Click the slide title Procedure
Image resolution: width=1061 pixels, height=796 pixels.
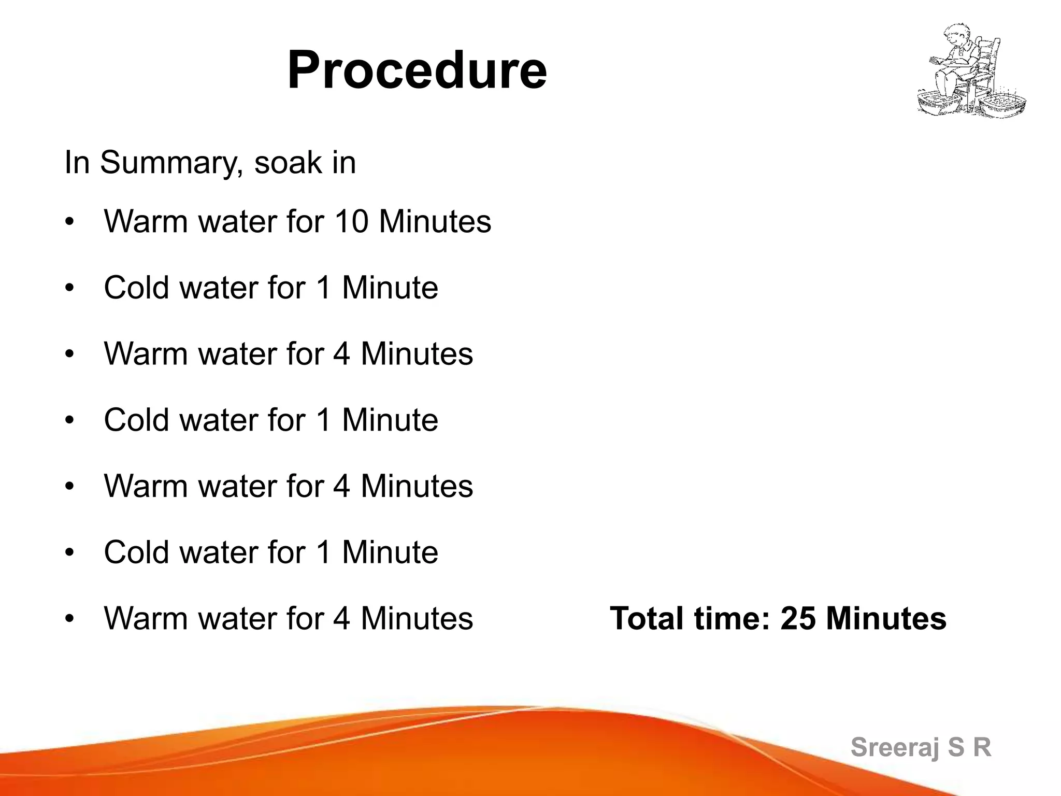coord(417,70)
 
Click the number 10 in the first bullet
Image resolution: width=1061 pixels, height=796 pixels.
coord(351,222)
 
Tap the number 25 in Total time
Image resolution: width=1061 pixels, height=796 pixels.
coord(798,618)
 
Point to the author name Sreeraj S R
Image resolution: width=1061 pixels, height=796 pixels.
coord(921,747)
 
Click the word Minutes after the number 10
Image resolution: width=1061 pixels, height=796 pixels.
coord(435,222)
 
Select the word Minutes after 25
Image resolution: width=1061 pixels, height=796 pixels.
coord(886,618)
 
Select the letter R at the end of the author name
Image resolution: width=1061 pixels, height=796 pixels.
coord(982,747)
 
